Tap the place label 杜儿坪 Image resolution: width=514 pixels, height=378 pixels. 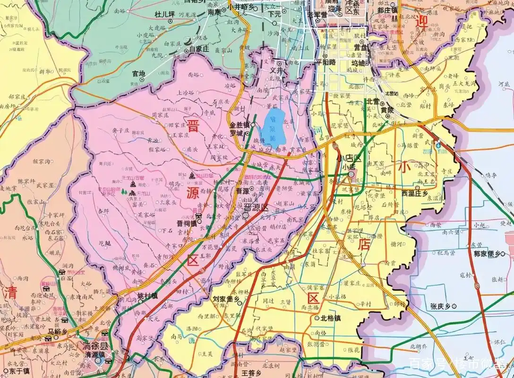click(165, 15)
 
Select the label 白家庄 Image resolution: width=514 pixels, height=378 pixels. click(199, 49)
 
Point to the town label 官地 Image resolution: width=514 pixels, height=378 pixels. click(138, 74)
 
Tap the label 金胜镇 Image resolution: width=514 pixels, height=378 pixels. click(239, 125)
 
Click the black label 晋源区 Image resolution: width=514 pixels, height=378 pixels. click(255, 207)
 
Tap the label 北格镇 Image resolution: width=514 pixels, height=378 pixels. click(330, 318)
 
